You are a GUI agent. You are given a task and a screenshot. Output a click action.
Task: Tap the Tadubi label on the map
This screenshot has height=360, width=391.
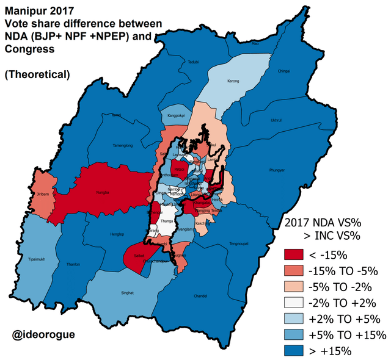[x=194, y=62]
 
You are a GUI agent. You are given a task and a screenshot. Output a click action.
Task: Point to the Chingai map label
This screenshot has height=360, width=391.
[x=283, y=71]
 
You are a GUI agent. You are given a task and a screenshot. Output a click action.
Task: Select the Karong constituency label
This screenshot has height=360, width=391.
[x=233, y=81]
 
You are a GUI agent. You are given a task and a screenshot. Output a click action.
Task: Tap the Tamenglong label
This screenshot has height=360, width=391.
[x=123, y=146]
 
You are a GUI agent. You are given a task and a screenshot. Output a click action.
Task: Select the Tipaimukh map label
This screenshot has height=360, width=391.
[x=38, y=259]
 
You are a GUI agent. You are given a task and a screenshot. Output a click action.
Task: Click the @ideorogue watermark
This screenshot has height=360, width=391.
[x=47, y=335]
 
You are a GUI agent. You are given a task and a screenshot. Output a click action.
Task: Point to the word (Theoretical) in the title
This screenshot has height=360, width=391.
[x=37, y=74]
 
